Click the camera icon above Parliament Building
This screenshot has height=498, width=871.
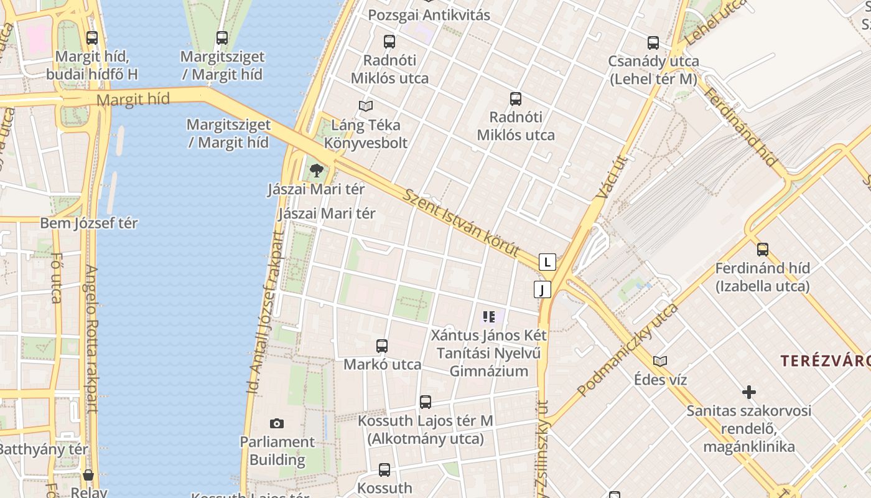[x=277, y=424]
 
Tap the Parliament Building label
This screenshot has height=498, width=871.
[x=277, y=451]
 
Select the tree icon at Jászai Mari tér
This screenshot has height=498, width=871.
[x=317, y=169]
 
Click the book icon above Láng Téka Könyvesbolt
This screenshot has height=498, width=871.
[x=366, y=106]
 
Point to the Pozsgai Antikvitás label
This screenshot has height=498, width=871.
[x=429, y=15]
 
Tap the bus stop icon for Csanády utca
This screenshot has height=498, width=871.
[x=653, y=43]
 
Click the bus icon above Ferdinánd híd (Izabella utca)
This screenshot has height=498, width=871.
[x=763, y=250]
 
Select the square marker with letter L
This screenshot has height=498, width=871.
[x=547, y=262]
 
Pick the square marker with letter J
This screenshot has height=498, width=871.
[x=543, y=289]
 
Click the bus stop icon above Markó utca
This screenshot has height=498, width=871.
[x=382, y=346]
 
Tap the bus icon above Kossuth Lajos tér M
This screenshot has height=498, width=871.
[x=426, y=402]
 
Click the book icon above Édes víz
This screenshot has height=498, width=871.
[x=660, y=361]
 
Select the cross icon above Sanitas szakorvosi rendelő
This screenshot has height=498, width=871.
[x=749, y=392]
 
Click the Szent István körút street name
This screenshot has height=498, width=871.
[x=461, y=223]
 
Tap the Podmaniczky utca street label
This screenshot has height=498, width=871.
[x=627, y=350]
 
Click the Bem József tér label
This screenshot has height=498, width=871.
[x=89, y=223]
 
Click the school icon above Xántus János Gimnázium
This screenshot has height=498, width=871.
[x=489, y=317]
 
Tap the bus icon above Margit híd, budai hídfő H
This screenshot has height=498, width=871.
[x=92, y=38]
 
